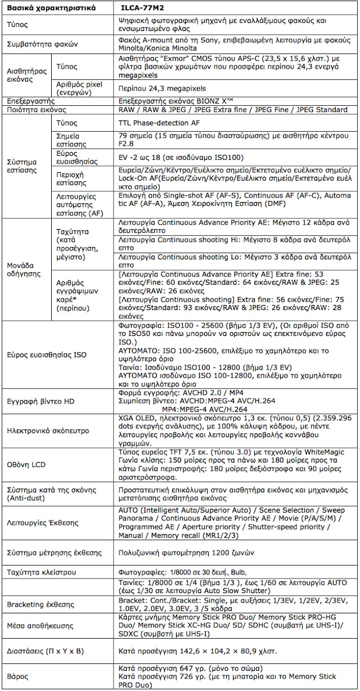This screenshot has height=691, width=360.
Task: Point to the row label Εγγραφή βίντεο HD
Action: (39, 402)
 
